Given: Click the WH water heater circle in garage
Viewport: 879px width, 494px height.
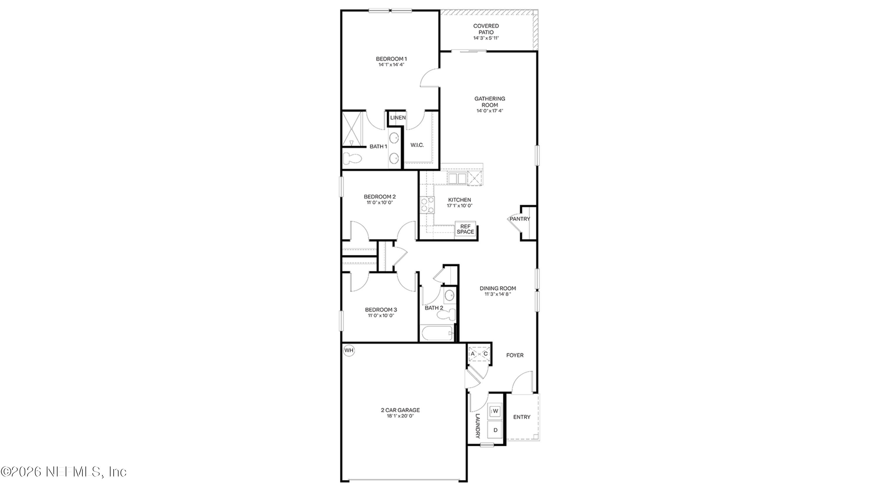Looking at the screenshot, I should coord(349,351).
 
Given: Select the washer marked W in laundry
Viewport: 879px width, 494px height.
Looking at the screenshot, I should coord(495,411).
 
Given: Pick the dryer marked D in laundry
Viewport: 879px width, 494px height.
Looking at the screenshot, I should coord(495,430).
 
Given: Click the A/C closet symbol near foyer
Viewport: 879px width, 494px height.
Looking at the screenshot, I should coord(479,354).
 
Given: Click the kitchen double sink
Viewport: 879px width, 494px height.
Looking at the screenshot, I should coord(457,178).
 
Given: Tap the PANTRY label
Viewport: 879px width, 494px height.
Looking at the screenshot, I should coord(520,219).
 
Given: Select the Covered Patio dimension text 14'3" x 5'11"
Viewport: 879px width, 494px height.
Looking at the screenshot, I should coord(486,38).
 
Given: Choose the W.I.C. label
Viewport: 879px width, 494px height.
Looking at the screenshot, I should coord(417,145).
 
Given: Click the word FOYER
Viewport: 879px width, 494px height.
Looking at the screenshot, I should coord(515,355).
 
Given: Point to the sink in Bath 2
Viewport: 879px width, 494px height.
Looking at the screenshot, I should coord(449,295).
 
